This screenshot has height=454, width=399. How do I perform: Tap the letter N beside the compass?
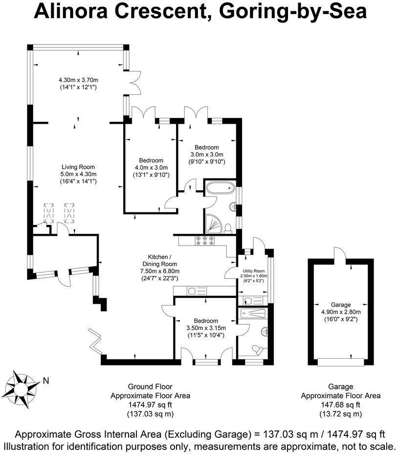[45, 381]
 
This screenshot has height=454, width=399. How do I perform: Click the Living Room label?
[78, 167]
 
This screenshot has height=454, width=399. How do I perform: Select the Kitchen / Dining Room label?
[160, 260]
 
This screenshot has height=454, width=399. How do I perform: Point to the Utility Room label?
[254, 271]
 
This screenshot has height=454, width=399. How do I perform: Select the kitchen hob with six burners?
[205, 241]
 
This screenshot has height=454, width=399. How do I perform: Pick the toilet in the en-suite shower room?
[258, 349]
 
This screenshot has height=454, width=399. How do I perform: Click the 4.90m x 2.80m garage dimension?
[341, 312]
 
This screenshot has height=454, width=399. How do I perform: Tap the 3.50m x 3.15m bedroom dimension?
[206, 328]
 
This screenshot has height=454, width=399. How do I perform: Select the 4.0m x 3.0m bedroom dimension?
[151, 168]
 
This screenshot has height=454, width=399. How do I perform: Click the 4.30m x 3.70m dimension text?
[78, 80]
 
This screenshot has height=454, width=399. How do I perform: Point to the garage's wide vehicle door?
[340, 362]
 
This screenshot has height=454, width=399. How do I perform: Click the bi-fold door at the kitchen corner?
[95, 341]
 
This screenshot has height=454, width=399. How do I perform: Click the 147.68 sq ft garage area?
[340, 405]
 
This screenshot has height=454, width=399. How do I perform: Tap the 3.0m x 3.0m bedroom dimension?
[206, 155]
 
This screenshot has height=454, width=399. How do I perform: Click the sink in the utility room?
[249, 301]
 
